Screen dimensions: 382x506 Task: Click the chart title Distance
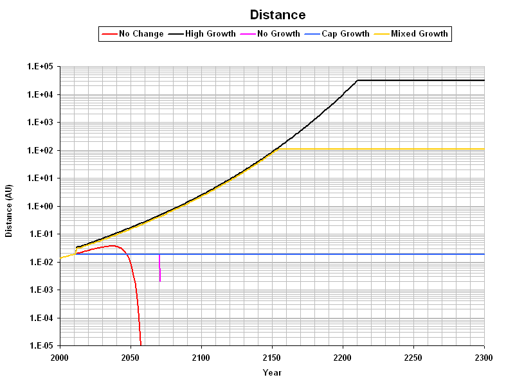(278, 15)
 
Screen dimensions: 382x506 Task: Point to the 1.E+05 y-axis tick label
(40, 67)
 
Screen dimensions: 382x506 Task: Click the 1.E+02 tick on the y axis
(40, 150)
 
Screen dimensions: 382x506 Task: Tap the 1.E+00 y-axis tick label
(40, 206)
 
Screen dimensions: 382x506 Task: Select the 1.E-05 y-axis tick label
(40, 346)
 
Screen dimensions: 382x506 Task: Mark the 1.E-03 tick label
(40, 290)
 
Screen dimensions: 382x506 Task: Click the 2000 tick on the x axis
(59, 357)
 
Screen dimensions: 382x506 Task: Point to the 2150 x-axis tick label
(272, 357)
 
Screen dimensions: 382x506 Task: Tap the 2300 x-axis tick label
(483, 357)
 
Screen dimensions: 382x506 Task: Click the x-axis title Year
(272, 372)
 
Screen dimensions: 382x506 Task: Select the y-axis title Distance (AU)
(9, 206)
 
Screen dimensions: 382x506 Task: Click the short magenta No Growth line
(159, 268)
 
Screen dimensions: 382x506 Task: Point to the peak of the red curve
(113, 245)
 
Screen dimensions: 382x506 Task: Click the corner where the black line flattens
(357, 80)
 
